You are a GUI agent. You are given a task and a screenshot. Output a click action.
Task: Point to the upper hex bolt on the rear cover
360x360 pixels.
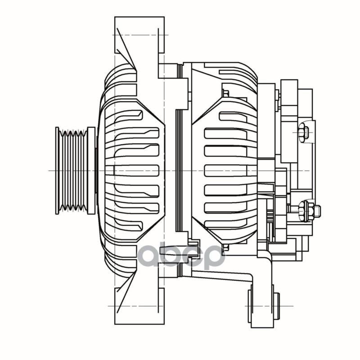point(303,133)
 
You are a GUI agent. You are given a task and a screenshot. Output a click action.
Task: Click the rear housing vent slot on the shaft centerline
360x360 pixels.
point(229,171)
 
